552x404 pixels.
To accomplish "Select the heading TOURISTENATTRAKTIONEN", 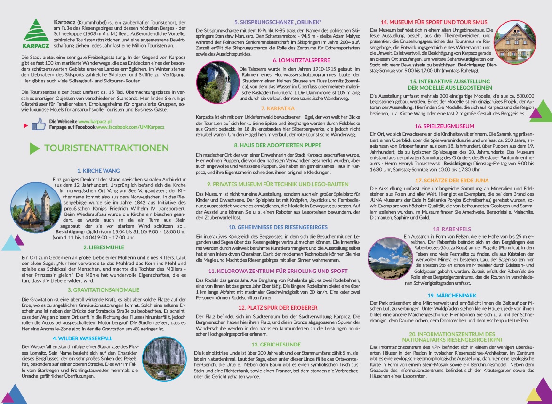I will tap(106, 148).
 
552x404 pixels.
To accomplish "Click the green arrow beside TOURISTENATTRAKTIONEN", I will tap(34, 148).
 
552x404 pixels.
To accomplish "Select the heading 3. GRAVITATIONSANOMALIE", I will tap(103, 290).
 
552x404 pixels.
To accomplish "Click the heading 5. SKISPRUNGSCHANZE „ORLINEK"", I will tap(278, 22).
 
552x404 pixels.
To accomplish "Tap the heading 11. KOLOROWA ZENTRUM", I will tap(278, 271).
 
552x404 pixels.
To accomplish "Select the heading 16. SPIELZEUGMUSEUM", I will tap(451, 126).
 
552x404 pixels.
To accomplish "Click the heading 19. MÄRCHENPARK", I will tap(451, 296).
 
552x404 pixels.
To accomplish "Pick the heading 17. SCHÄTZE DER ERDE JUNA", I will tap(451, 181).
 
